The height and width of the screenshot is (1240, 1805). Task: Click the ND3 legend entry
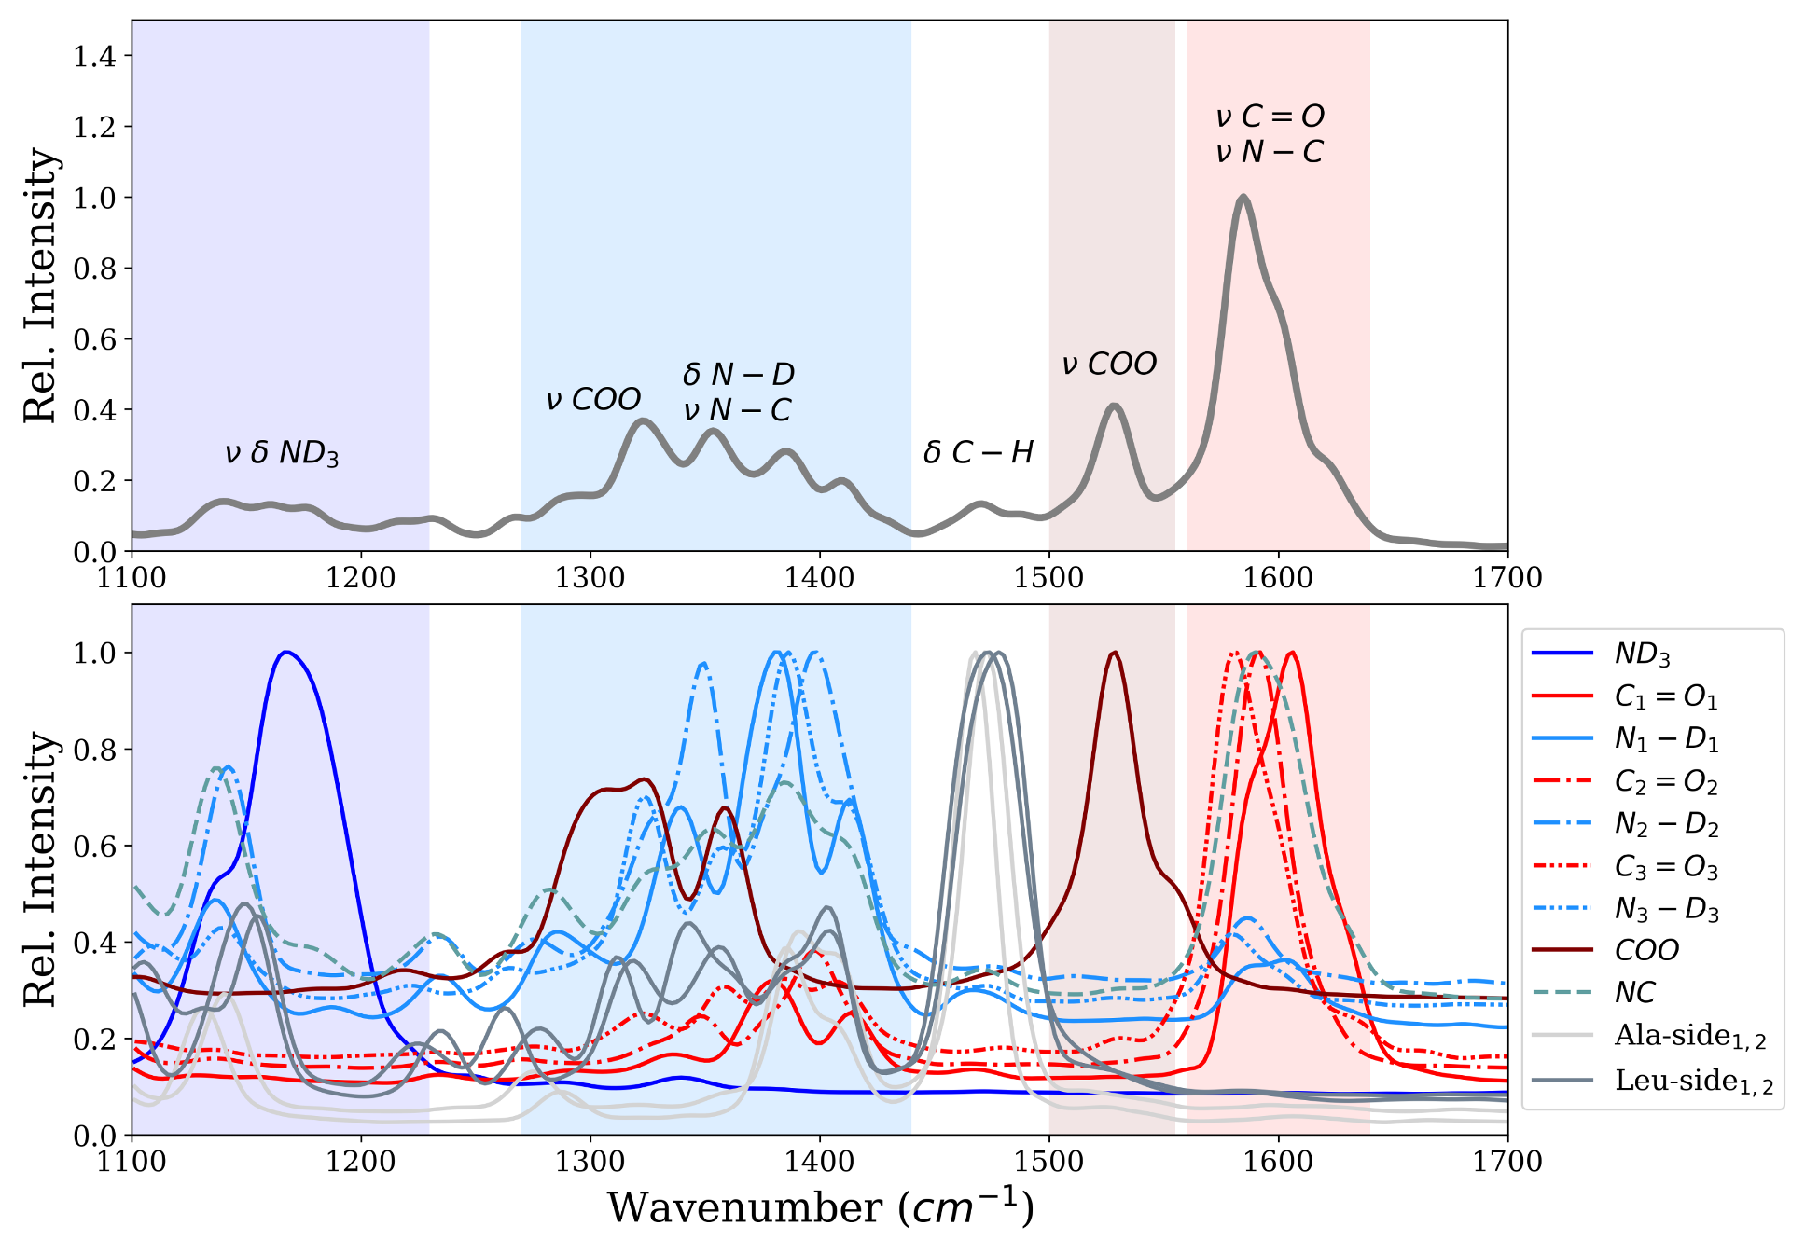1642,654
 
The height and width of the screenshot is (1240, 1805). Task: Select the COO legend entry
1646,950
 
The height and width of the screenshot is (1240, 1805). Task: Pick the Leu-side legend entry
1693,1081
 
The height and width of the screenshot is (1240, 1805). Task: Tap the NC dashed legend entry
1634,992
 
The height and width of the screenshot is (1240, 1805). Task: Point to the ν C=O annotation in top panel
1270,117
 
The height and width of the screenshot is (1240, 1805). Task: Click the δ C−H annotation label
978,452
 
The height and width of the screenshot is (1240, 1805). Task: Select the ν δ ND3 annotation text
281,453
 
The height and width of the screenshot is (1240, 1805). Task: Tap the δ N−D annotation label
738,375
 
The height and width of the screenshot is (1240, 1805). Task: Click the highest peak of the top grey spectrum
1243,198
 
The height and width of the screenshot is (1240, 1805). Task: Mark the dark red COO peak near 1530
1114,653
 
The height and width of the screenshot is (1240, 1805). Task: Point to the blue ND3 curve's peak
286,653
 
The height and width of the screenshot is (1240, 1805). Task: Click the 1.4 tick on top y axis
94,56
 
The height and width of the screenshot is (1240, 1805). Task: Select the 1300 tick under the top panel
590,578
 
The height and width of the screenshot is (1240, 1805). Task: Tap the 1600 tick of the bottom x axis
1278,1162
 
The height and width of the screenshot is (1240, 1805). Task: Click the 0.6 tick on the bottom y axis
94,847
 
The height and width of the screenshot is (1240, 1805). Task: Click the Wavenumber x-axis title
821,1207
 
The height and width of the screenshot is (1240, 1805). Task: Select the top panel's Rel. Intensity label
40,285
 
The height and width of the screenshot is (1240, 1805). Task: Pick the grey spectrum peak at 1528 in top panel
1114,406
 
